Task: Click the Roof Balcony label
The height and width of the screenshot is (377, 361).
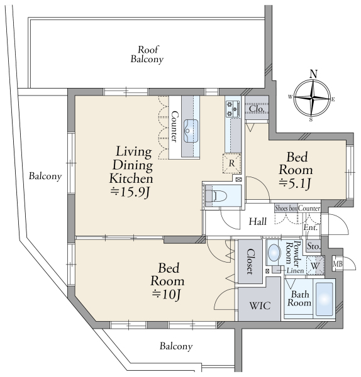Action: pyautogui.click(x=147, y=55)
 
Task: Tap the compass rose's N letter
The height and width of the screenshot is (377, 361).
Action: pyautogui.click(x=313, y=74)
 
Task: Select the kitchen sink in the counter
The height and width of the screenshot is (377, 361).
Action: pyautogui.click(x=191, y=131)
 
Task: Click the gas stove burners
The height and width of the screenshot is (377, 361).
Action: pyautogui.click(x=233, y=109)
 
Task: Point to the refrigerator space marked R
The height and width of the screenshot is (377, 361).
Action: pyautogui.click(x=231, y=163)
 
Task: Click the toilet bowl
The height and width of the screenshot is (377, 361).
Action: pyautogui.click(x=216, y=195)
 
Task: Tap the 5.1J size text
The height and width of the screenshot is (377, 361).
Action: pyautogui.click(x=294, y=184)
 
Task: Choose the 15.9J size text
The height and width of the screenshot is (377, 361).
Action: pyautogui.click(x=130, y=192)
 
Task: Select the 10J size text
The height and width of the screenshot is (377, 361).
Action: pyautogui.click(x=166, y=295)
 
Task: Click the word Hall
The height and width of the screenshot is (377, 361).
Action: pyautogui.click(x=257, y=221)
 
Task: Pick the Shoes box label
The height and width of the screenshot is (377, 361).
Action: pyautogui.click(x=286, y=208)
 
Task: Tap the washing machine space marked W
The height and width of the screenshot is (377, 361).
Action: pyautogui.click(x=315, y=266)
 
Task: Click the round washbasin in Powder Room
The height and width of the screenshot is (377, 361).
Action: pyautogui.click(x=274, y=253)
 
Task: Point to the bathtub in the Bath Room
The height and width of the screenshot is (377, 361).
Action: pyautogui.click(x=325, y=299)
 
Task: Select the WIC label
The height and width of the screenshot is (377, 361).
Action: pyautogui.click(x=260, y=306)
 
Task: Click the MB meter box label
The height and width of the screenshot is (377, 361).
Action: pyautogui.click(x=337, y=264)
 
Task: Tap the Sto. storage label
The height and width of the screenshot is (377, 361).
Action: pyautogui.click(x=314, y=246)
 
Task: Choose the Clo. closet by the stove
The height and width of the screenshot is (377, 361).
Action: pyautogui.click(x=257, y=109)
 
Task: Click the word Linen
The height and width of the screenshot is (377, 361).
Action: pyautogui.click(x=295, y=271)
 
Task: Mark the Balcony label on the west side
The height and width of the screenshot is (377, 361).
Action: pyautogui.click(x=45, y=176)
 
